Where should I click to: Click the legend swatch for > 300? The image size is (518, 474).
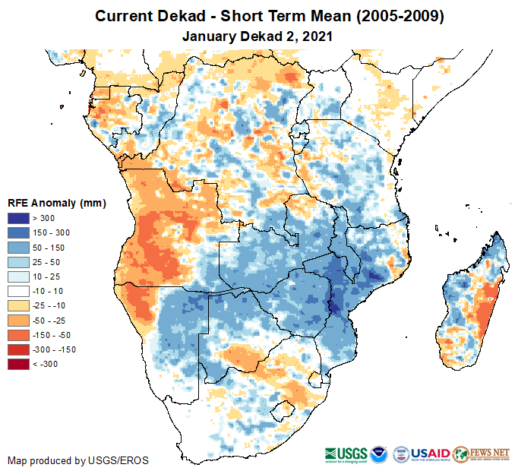[18, 218]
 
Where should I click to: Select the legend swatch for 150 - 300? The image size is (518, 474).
[18, 232]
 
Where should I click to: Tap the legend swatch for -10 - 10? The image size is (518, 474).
[18, 291]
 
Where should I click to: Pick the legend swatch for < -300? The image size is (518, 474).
[18, 364]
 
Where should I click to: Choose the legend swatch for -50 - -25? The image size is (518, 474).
[18, 320]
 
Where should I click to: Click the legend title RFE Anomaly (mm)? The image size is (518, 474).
[56, 203]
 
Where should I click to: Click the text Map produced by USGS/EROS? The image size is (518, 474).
[77, 460]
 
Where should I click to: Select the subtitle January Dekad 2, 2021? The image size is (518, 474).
[258, 35]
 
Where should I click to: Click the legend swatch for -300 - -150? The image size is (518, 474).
[18, 349]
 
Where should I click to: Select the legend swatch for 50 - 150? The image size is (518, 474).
[18, 248]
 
